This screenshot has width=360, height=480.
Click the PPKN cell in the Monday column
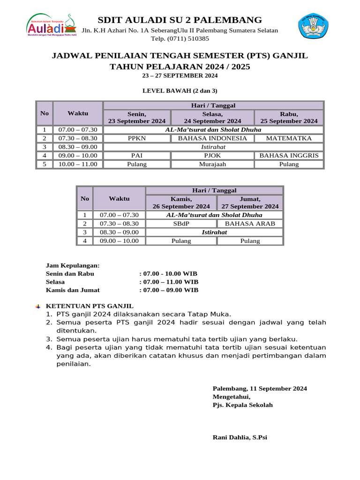pos(137,138)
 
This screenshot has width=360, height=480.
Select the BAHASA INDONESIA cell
pos(212,138)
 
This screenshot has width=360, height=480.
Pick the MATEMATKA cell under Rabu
pos(289,138)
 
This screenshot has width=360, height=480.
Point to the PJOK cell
pos(212,156)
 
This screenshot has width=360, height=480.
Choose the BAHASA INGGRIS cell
pos(289,156)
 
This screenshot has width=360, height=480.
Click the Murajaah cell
pos(212,164)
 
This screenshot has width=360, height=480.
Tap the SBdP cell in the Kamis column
pos(181,224)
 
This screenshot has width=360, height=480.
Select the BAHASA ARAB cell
pos(250,224)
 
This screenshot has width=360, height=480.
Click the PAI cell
pos(137,156)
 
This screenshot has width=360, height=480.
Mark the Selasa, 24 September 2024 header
pos(212,117)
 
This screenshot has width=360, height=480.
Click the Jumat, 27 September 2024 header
pos(250,202)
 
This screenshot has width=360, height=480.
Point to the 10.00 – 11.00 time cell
pos(78,164)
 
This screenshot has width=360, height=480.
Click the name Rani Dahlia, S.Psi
pos(240,437)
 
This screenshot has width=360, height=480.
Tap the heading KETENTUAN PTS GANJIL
pos(90,306)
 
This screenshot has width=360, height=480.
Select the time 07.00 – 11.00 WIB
pos(169,282)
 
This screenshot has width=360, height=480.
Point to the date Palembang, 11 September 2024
pos(260,388)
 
